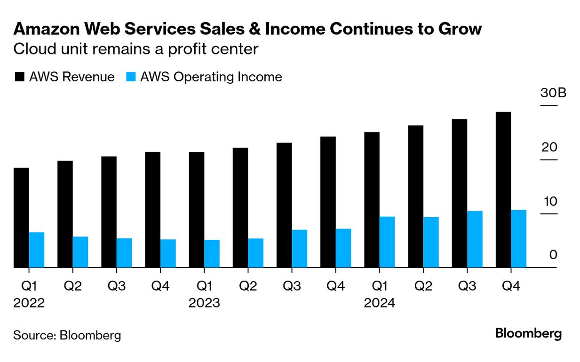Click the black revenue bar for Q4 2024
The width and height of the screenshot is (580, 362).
(x=503, y=190)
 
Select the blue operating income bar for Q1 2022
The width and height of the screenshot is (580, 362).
(x=37, y=250)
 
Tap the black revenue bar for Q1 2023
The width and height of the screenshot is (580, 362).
(x=197, y=210)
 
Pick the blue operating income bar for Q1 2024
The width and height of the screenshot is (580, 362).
(x=387, y=242)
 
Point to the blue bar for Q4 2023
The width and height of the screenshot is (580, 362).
(x=343, y=248)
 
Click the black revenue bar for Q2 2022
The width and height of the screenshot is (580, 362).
(x=65, y=214)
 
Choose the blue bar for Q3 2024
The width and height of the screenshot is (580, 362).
(x=475, y=239)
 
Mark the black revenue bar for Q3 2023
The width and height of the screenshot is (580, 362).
(x=284, y=205)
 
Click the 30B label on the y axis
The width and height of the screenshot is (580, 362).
(x=553, y=93)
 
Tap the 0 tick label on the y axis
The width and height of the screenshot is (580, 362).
(x=553, y=255)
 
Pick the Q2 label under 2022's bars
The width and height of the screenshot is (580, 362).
(x=73, y=286)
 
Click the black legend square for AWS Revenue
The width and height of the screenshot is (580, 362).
(x=19, y=77)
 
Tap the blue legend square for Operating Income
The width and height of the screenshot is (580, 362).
(x=131, y=77)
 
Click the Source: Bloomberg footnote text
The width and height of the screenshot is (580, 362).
(x=67, y=335)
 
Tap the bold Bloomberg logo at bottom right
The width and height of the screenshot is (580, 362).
(x=528, y=334)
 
